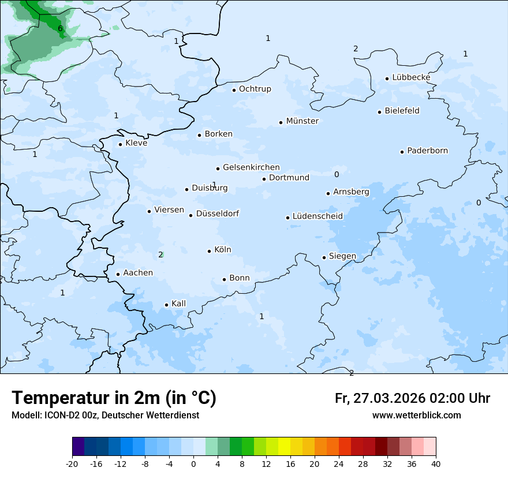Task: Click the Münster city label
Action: [x=302, y=121]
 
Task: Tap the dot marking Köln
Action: [x=210, y=251]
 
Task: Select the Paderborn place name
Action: [x=427, y=151]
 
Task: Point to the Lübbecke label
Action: [x=411, y=77]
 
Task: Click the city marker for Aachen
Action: [x=118, y=275]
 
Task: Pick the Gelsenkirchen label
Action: [x=251, y=168]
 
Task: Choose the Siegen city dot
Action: [x=324, y=258]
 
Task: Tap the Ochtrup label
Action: [x=255, y=89]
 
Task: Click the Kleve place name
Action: [x=136, y=143]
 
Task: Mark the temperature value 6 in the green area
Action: [x=60, y=28]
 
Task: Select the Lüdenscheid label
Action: [x=317, y=216]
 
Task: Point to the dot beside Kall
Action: [x=167, y=305]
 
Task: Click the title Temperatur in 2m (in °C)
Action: [x=114, y=398]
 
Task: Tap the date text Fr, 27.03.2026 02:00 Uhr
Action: [x=412, y=398]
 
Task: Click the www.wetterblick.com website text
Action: [x=416, y=415]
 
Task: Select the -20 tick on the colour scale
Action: [x=72, y=464]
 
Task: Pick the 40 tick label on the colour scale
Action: [x=436, y=464]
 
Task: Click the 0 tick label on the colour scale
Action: [x=193, y=464]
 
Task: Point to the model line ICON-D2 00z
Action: [x=105, y=415]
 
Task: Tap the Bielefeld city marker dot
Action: [x=380, y=112]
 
